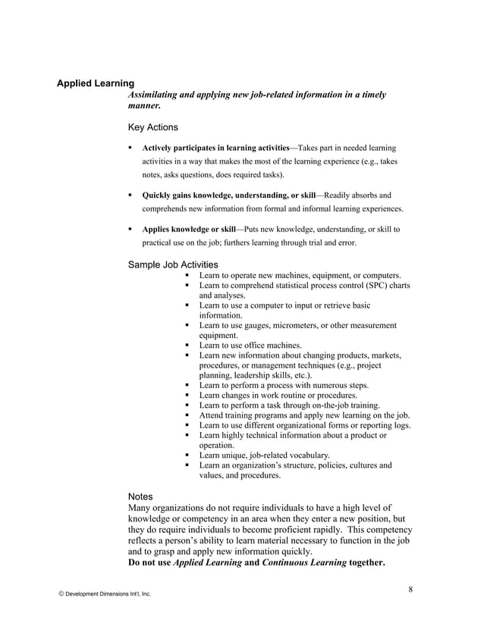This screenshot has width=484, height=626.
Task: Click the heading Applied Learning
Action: pos(96,83)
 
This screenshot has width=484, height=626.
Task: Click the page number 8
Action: pos(410,589)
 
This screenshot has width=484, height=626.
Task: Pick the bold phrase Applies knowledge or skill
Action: pos(189,229)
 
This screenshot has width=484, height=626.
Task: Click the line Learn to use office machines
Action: pos(250,345)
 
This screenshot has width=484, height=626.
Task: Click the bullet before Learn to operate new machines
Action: pos(187,275)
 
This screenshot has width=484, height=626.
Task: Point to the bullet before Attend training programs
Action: pos(187,415)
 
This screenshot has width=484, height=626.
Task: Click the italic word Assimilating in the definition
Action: pos(158,95)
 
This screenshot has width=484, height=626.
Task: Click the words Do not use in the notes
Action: pos(150,563)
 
